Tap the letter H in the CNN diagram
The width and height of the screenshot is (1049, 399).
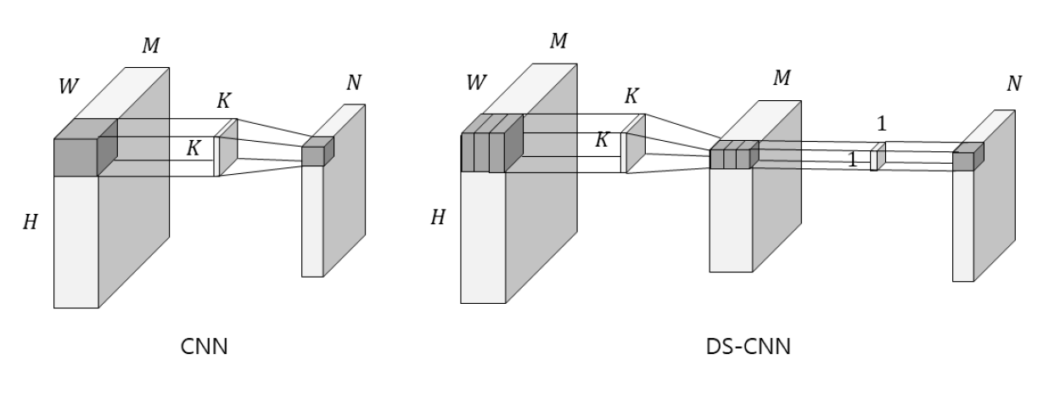coord(31,223)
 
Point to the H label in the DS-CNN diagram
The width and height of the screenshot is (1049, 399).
coord(438,217)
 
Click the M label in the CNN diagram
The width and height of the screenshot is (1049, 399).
coord(149,46)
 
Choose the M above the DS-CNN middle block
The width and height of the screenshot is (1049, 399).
coord(782,78)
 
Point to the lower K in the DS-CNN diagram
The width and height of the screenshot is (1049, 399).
coord(602,140)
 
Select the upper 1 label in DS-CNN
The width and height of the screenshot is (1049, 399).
coord(881,123)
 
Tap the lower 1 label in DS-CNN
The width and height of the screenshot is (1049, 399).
coord(853,159)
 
